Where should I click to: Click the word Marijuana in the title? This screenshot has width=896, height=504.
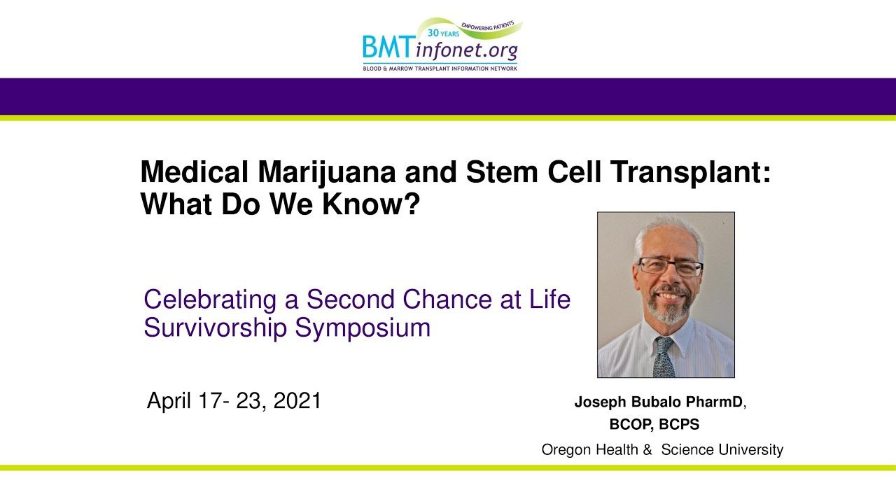(327, 172)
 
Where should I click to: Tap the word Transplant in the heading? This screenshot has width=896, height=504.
(685, 172)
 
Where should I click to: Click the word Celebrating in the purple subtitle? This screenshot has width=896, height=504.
(210, 300)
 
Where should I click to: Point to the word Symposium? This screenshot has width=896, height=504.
(363, 328)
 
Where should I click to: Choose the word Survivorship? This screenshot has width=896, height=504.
(215, 328)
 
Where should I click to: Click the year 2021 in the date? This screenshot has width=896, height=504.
(297, 400)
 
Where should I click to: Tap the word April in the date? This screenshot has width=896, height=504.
(169, 401)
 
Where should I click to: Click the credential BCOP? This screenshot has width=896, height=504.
(631, 424)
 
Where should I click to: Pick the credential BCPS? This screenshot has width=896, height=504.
(679, 424)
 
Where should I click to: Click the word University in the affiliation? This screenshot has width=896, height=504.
(750, 450)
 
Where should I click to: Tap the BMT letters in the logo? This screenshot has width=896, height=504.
(387, 46)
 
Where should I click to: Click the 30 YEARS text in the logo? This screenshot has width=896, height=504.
(443, 33)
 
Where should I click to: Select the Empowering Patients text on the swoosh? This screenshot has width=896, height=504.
(488, 26)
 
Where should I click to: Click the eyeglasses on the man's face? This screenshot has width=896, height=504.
(670, 267)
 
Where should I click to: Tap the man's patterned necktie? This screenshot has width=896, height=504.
(664, 357)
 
